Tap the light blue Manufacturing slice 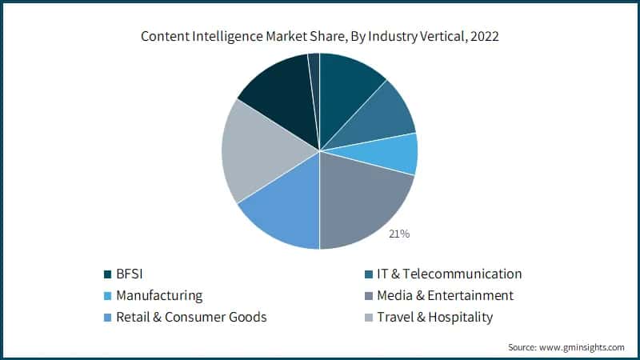pos(396,154)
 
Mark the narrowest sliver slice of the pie pos(314,72)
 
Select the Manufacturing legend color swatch pos(108,296)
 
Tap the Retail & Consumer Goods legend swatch pos(108,318)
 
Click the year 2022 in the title pos(481,36)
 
